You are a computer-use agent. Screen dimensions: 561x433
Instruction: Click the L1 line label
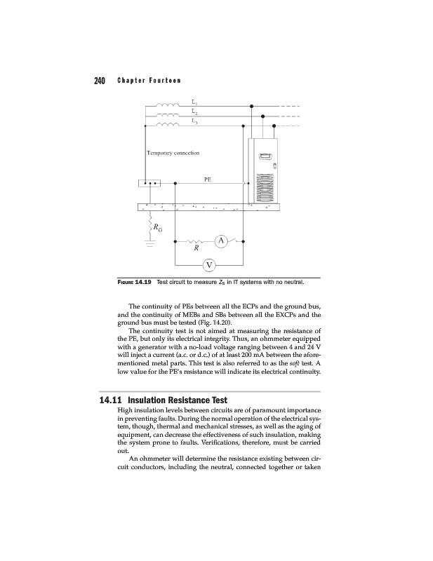pyautogui.click(x=194, y=103)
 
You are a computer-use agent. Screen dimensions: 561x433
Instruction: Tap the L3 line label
pyautogui.click(x=194, y=121)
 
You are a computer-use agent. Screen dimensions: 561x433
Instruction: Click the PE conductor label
pyautogui.click(x=208, y=180)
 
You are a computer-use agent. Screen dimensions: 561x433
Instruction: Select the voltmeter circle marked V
pyautogui.click(x=208, y=265)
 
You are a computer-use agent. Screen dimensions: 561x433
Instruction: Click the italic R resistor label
pyautogui.click(x=196, y=248)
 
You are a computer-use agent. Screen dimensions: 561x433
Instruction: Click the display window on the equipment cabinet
pyautogui.click(x=265, y=158)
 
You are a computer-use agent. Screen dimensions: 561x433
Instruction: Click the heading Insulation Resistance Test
pyautogui.click(x=185, y=400)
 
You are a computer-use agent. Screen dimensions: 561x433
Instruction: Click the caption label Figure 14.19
pyautogui.click(x=135, y=283)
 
